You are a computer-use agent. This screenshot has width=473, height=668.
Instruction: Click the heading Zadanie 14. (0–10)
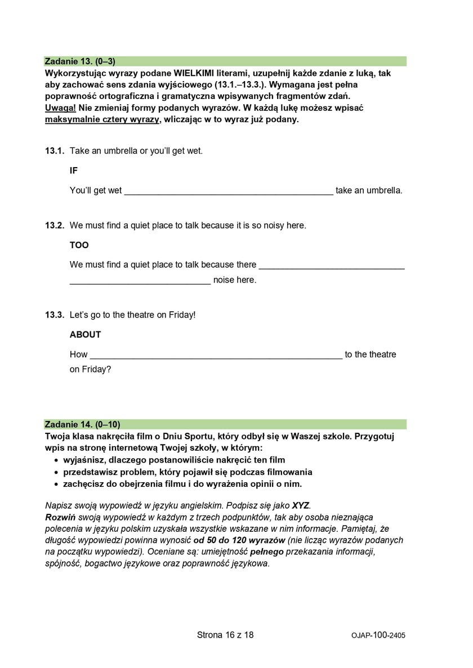point(82,424)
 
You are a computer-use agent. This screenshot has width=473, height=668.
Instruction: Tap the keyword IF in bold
point(74,171)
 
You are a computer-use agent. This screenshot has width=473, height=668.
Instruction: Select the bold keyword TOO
point(79,245)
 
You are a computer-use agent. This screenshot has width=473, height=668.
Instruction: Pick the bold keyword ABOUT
point(86,334)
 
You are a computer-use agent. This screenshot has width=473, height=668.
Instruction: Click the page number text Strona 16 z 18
point(225,635)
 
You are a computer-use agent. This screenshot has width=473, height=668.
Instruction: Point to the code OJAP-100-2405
point(378,635)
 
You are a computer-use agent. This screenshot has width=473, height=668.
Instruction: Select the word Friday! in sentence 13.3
point(182,315)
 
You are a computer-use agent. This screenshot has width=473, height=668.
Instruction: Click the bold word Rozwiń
point(60,517)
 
